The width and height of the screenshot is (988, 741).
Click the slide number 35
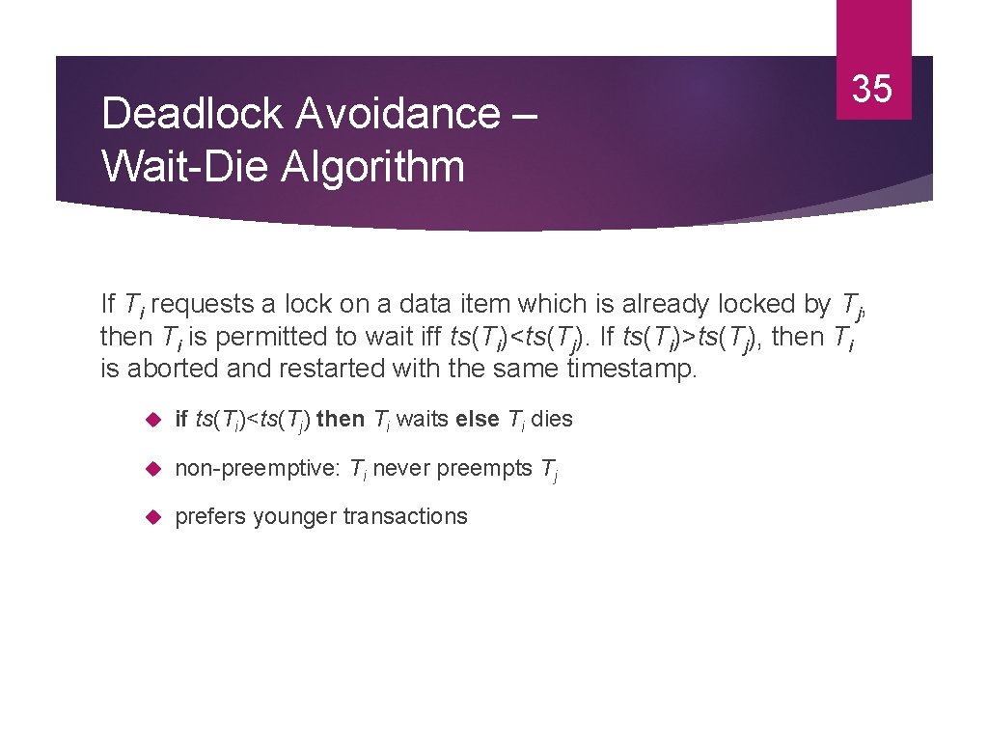point(873,89)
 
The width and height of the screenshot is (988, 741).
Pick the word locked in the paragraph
point(757,304)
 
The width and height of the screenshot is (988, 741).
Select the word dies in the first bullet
point(552,420)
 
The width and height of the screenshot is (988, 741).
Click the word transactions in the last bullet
point(405,517)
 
